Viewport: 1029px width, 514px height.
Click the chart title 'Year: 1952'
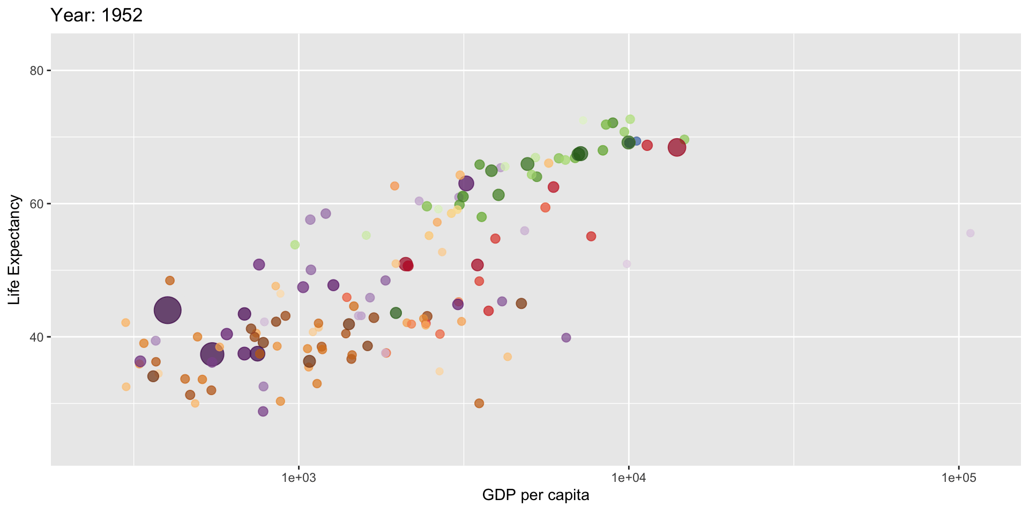point(96,16)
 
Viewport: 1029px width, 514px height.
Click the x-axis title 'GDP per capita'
point(535,495)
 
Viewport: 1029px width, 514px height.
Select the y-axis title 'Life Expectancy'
point(14,250)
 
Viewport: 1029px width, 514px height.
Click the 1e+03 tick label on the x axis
point(299,478)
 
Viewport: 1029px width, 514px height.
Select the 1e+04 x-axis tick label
point(629,478)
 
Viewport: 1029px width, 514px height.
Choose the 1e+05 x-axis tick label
point(958,478)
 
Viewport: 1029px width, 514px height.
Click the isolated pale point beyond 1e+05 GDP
point(970,233)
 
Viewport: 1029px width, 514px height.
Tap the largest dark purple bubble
point(167,310)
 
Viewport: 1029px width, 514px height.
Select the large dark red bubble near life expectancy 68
point(677,147)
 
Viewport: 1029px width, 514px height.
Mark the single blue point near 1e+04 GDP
point(636,141)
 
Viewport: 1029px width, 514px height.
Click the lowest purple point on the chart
point(263,411)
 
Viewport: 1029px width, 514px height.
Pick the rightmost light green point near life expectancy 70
point(684,140)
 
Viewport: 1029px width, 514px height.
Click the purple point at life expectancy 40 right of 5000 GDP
point(566,337)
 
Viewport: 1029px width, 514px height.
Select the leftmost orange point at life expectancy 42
point(125,322)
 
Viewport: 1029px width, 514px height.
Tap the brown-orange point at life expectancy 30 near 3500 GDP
point(479,403)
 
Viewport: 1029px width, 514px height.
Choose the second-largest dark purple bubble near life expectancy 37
point(212,354)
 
